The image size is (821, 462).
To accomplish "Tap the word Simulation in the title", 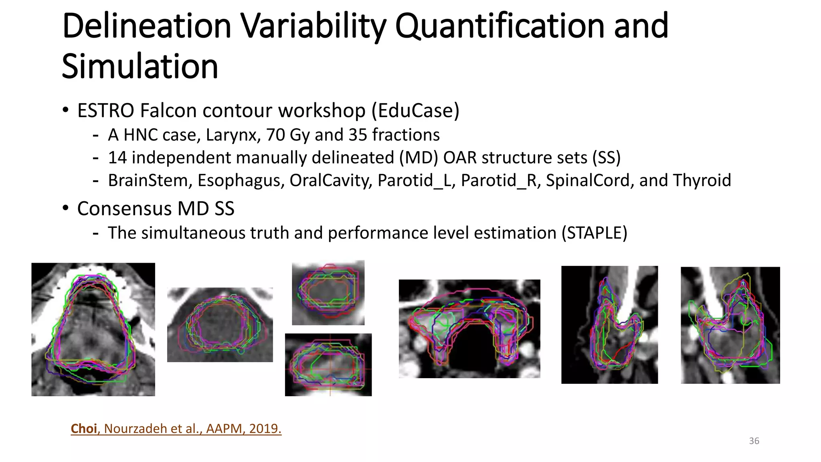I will point(140,67).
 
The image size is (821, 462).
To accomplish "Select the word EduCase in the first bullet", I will point(415,111).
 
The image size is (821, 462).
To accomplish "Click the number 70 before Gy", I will point(275,135).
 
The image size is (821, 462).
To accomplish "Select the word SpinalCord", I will point(590,181).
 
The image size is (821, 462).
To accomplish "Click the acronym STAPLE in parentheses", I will point(594,233).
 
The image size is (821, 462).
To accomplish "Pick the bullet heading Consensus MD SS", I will point(156,209).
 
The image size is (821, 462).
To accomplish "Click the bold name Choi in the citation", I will point(84,428).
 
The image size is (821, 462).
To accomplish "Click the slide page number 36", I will point(754,441).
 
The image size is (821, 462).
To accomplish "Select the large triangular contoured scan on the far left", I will point(93,329).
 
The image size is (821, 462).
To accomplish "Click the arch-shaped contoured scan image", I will point(469,328).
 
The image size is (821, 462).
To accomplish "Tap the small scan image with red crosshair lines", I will point(328,365).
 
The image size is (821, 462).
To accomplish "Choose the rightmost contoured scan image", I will point(730,325).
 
